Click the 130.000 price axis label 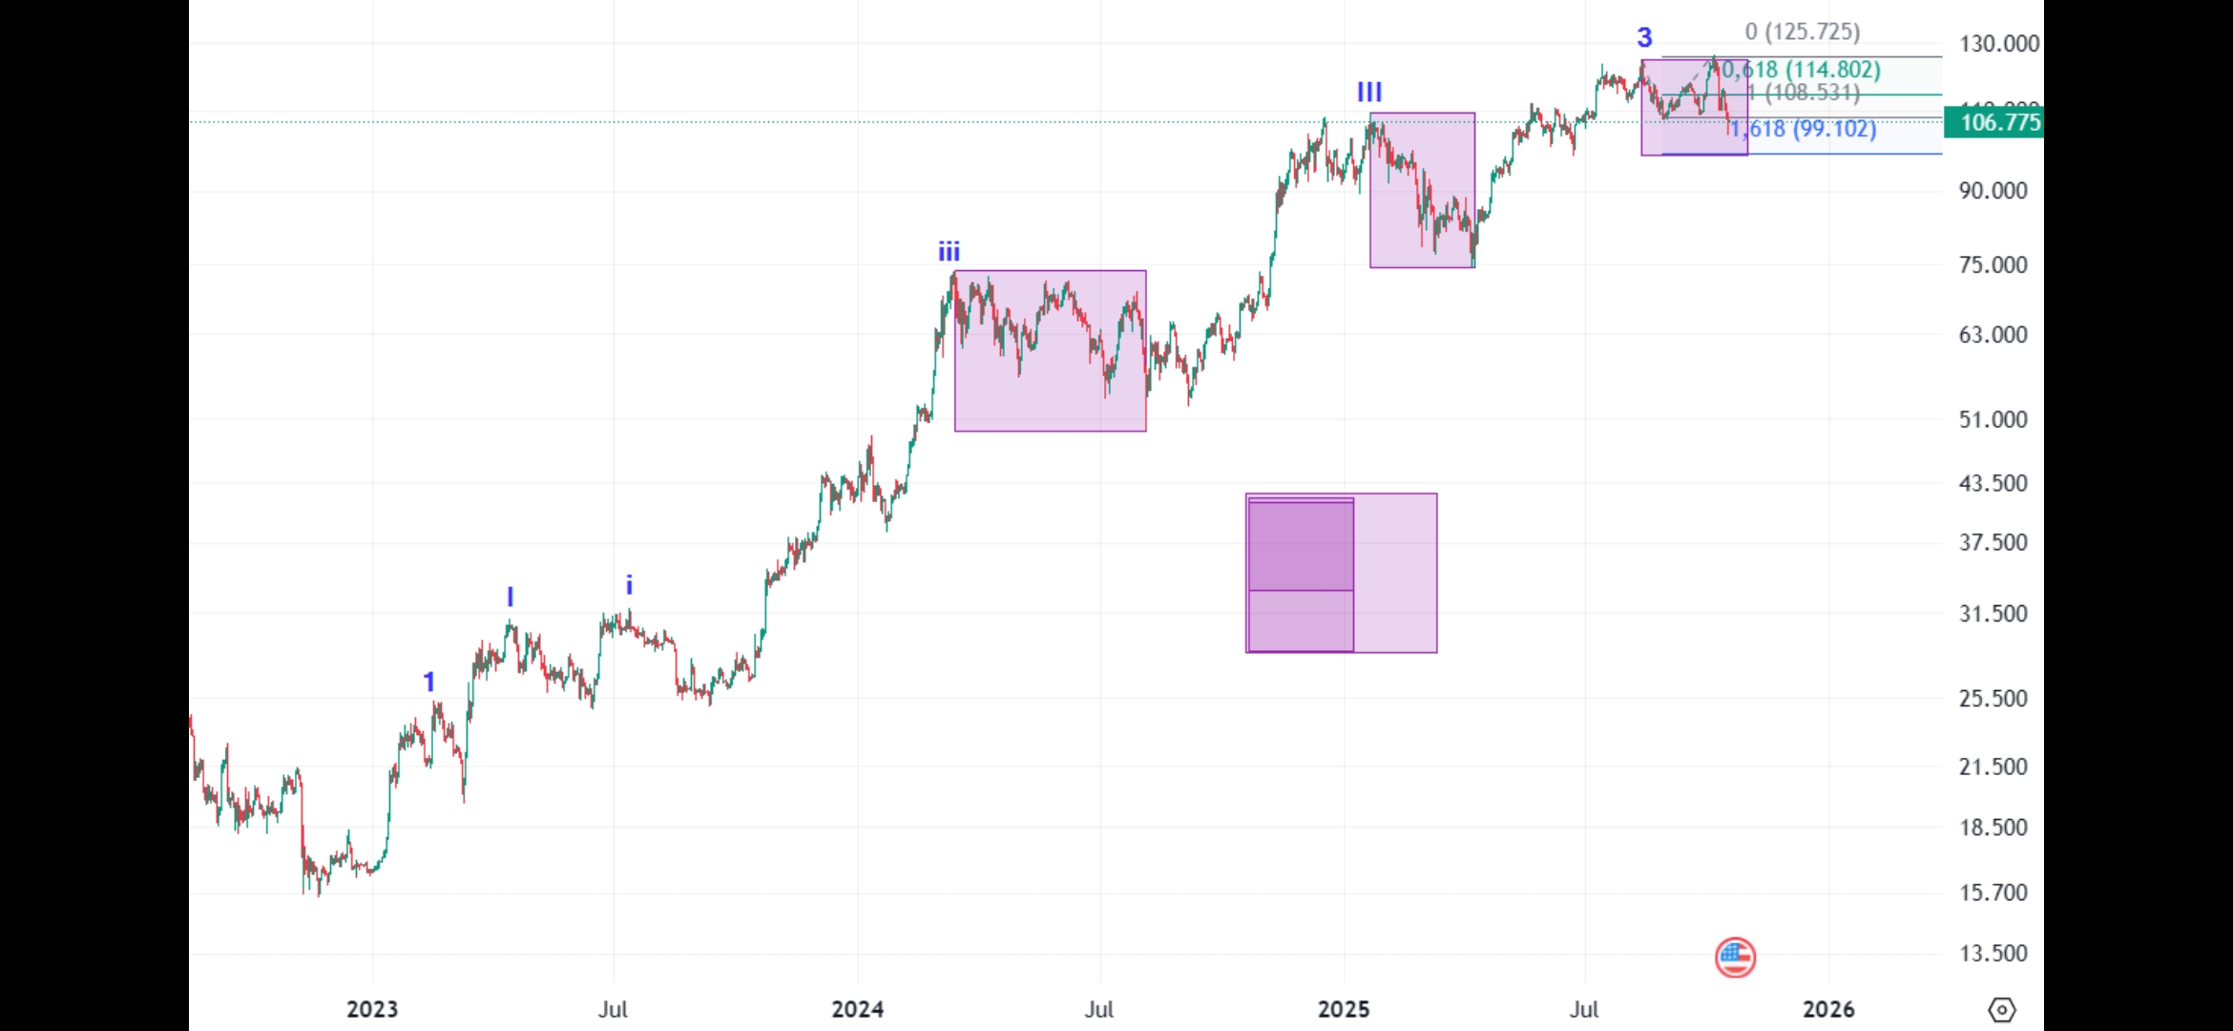pos(1998,44)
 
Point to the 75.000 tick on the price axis pos(1993,264)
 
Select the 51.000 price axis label pos(1993,419)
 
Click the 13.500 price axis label pos(1993,953)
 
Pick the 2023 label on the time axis pos(372,1009)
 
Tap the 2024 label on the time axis pos(857,1009)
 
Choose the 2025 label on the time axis pos(1344,1009)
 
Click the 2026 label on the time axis pos(1828,1009)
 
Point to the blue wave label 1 pos(429,682)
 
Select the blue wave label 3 pos(1644,37)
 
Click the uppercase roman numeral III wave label pos(1369,92)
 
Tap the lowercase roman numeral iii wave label pos(949,252)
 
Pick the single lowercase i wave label pos(629,585)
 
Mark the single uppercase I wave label pos(511,598)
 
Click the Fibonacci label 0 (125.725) pos(1803,32)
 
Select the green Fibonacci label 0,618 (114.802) pos(1802,70)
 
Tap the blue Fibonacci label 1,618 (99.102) pos(1804,129)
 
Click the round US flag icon pos(1735,957)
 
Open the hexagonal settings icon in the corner pos(2001,1009)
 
